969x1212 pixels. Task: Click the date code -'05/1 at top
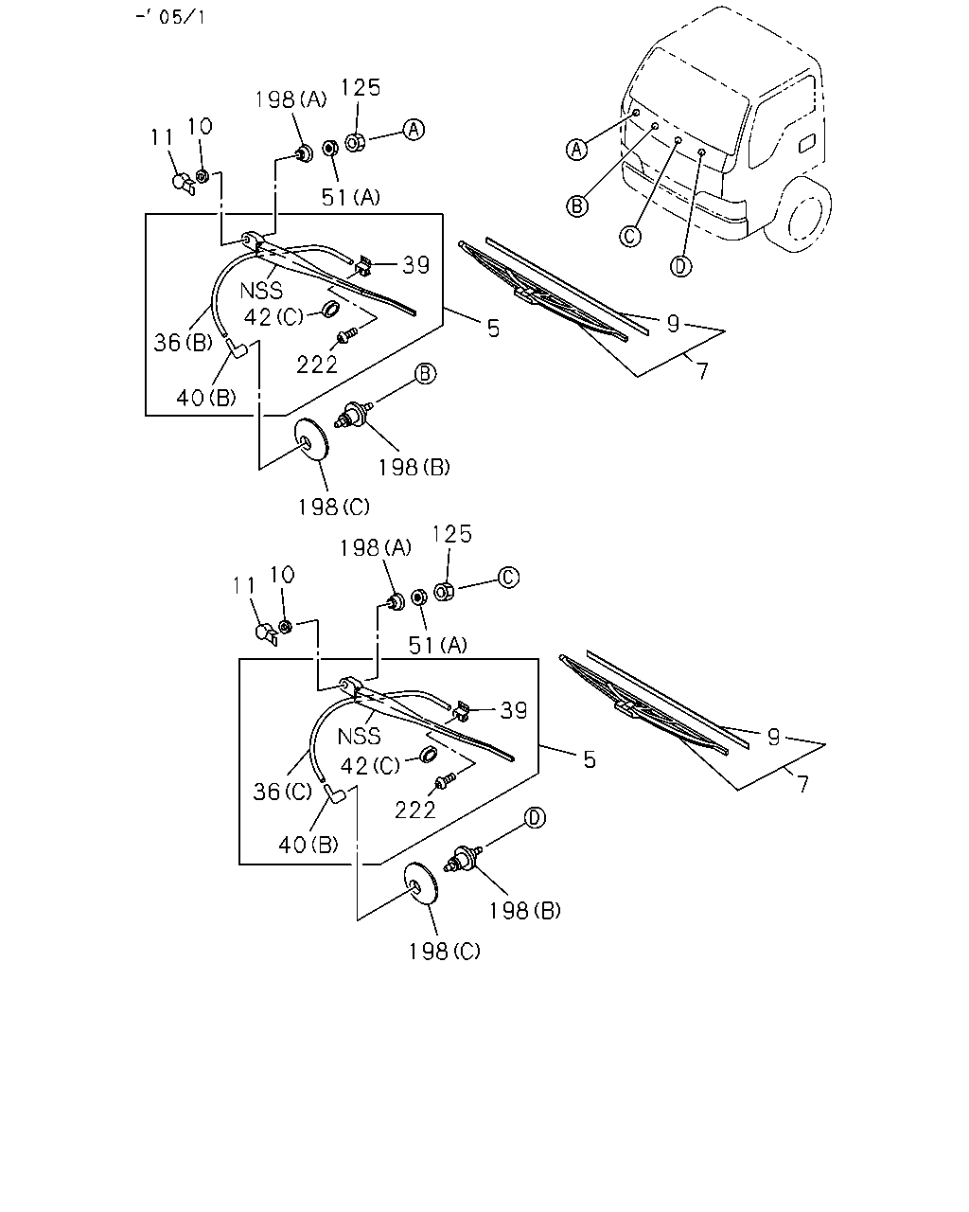click(170, 17)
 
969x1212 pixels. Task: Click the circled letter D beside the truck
click(680, 266)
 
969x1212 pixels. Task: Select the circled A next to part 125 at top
click(414, 130)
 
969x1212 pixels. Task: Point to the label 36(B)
click(183, 343)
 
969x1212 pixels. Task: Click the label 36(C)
click(283, 792)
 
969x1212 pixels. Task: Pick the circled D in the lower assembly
click(536, 817)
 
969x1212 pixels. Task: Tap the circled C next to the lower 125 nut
click(509, 578)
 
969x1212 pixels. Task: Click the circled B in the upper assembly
click(425, 373)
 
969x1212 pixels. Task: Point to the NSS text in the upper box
click(261, 291)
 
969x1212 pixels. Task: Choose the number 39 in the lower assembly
click(514, 710)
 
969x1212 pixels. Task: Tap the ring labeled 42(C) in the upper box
click(330, 310)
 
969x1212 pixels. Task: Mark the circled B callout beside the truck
click(577, 206)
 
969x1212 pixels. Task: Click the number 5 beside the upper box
click(494, 329)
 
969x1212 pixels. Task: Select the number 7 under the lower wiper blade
click(803, 784)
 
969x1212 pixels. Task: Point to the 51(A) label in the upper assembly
click(351, 197)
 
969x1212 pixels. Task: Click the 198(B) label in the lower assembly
click(525, 911)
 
